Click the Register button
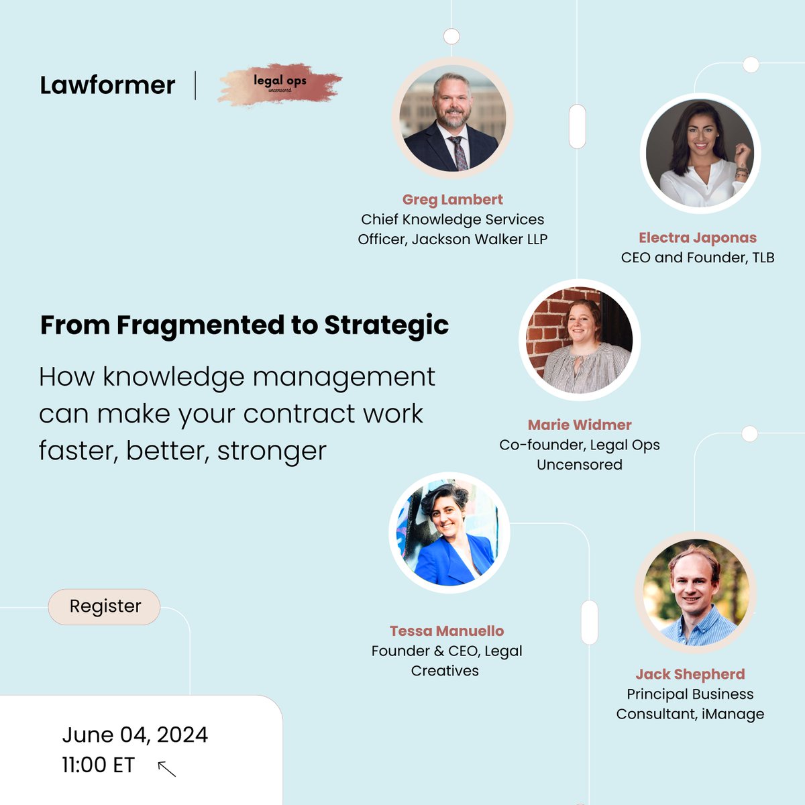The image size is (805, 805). point(105,606)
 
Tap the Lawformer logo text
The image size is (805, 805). point(107,85)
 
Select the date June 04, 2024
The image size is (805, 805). point(135,735)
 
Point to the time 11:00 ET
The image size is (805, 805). point(98,765)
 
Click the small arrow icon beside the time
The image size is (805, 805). point(166,768)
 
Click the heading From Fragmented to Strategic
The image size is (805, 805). point(244,325)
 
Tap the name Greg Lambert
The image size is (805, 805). point(452,199)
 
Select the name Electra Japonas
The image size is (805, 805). point(697,237)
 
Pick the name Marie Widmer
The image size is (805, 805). point(580,425)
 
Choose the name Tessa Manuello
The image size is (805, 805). point(447,631)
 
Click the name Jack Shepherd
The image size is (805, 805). point(690,674)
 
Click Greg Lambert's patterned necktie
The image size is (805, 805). point(460,154)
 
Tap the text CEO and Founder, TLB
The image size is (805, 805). point(698,258)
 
